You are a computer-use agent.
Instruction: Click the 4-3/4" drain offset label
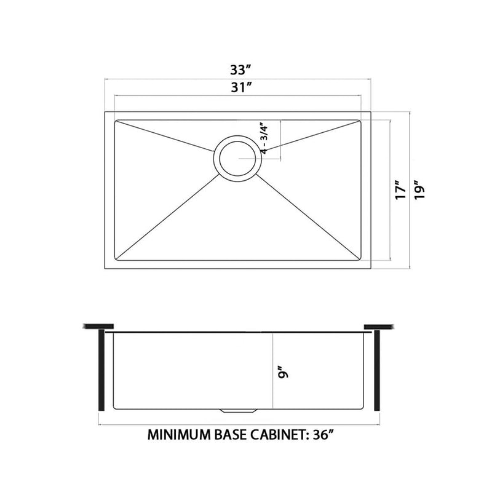point(265,139)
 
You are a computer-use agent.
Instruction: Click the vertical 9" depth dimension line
point(271,369)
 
